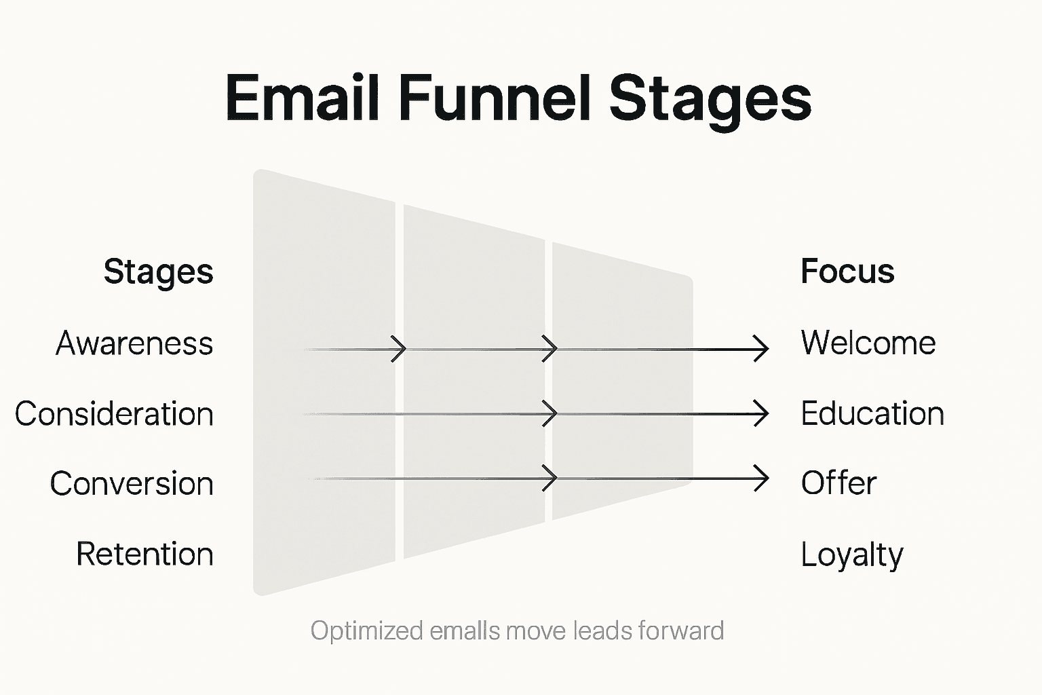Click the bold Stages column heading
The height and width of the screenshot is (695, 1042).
[158, 272]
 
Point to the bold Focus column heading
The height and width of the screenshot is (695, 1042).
[847, 271]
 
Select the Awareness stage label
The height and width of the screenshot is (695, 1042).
[134, 343]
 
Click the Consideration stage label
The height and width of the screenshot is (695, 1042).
[114, 414]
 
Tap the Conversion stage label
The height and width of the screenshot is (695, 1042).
[132, 484]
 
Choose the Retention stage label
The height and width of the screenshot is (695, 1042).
[144, 554]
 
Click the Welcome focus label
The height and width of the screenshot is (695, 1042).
[868, 343]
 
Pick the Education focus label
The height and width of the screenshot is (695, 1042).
[872, 413]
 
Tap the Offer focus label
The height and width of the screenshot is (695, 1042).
[838, 483]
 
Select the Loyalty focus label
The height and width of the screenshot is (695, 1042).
[851, 555]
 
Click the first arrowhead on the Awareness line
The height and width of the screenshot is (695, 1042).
[400, 349]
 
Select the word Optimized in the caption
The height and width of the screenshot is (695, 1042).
[366, 631]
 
